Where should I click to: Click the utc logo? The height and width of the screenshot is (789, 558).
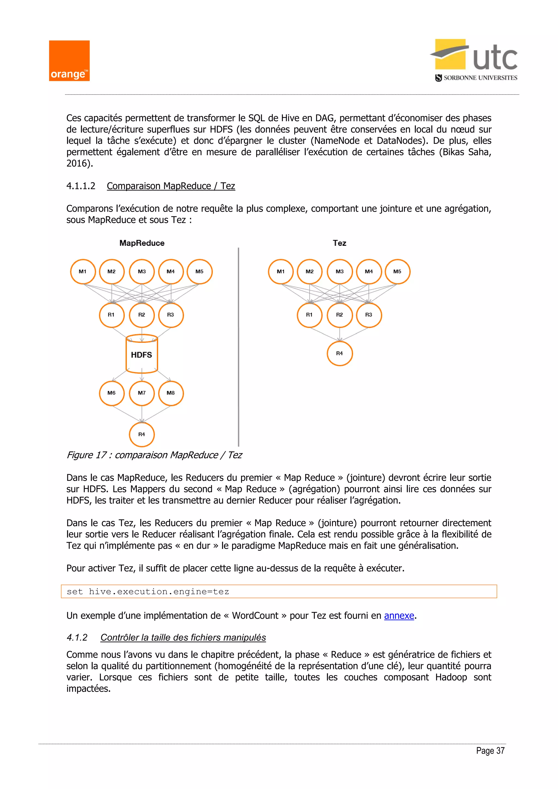[476, 56]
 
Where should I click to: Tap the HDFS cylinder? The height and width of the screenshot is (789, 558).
[142, 354]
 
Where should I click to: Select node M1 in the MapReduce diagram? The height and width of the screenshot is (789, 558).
[83, 271]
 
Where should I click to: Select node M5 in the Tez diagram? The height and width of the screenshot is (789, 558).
[398, 271]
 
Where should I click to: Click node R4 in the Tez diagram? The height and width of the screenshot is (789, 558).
[339, 353]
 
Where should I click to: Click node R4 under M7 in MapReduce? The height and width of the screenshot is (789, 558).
[142, 434]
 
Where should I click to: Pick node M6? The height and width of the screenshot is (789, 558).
[111, 393]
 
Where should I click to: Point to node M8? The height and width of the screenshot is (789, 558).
[171, 393]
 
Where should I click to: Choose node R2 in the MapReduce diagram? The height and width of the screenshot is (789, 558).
[142, 315]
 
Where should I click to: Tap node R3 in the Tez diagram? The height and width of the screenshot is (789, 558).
[369, 315]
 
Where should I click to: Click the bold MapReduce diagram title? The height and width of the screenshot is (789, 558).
[142, 243]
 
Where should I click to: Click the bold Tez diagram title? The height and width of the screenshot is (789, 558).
[339, 243]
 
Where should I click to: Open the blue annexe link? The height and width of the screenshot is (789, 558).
[399, 615]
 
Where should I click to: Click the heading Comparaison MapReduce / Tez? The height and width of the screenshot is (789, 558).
[171, 186]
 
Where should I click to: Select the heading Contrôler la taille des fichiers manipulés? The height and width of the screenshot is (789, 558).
[183, 638]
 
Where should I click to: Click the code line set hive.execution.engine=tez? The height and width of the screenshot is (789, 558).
[148, 591]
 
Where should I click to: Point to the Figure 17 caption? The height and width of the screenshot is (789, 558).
[154, 455]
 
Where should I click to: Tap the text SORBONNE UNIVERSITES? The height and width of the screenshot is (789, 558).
[480, 78]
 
